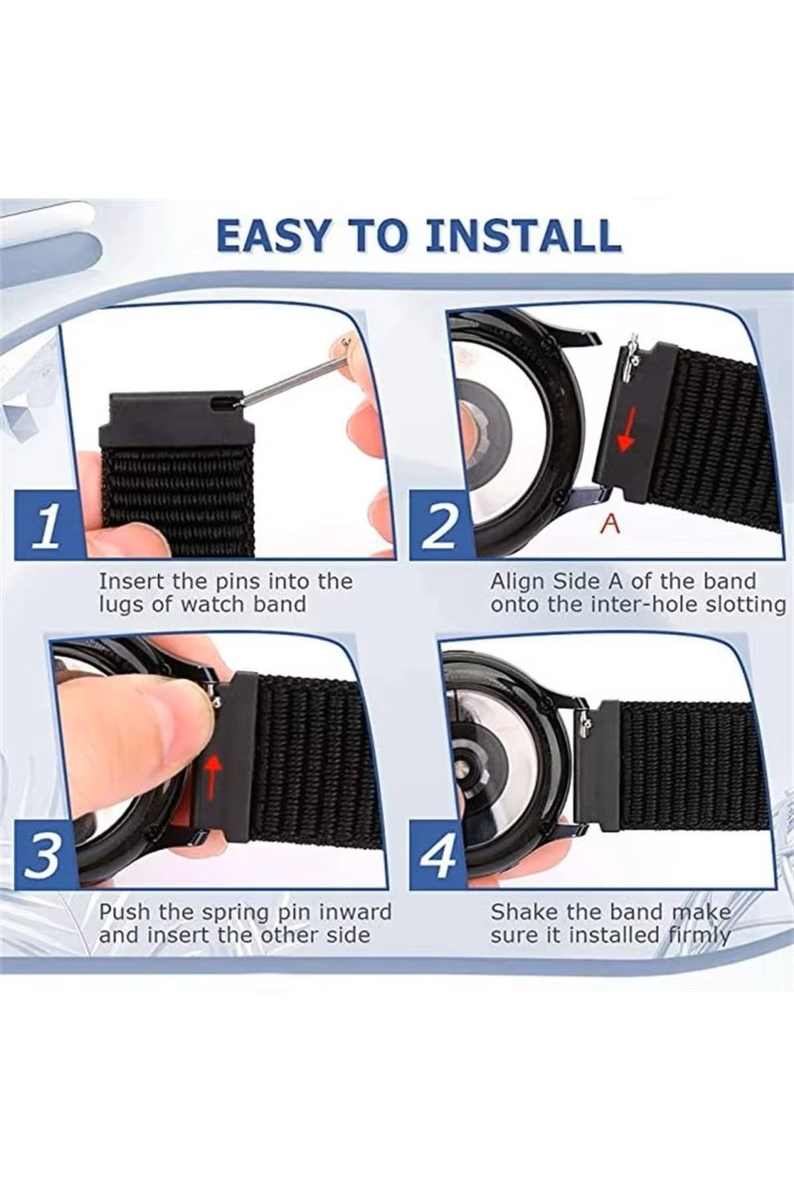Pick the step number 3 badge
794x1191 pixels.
coord(46,857)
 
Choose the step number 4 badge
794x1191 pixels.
coord(439,857)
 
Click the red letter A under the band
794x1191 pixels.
coord(610,524)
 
